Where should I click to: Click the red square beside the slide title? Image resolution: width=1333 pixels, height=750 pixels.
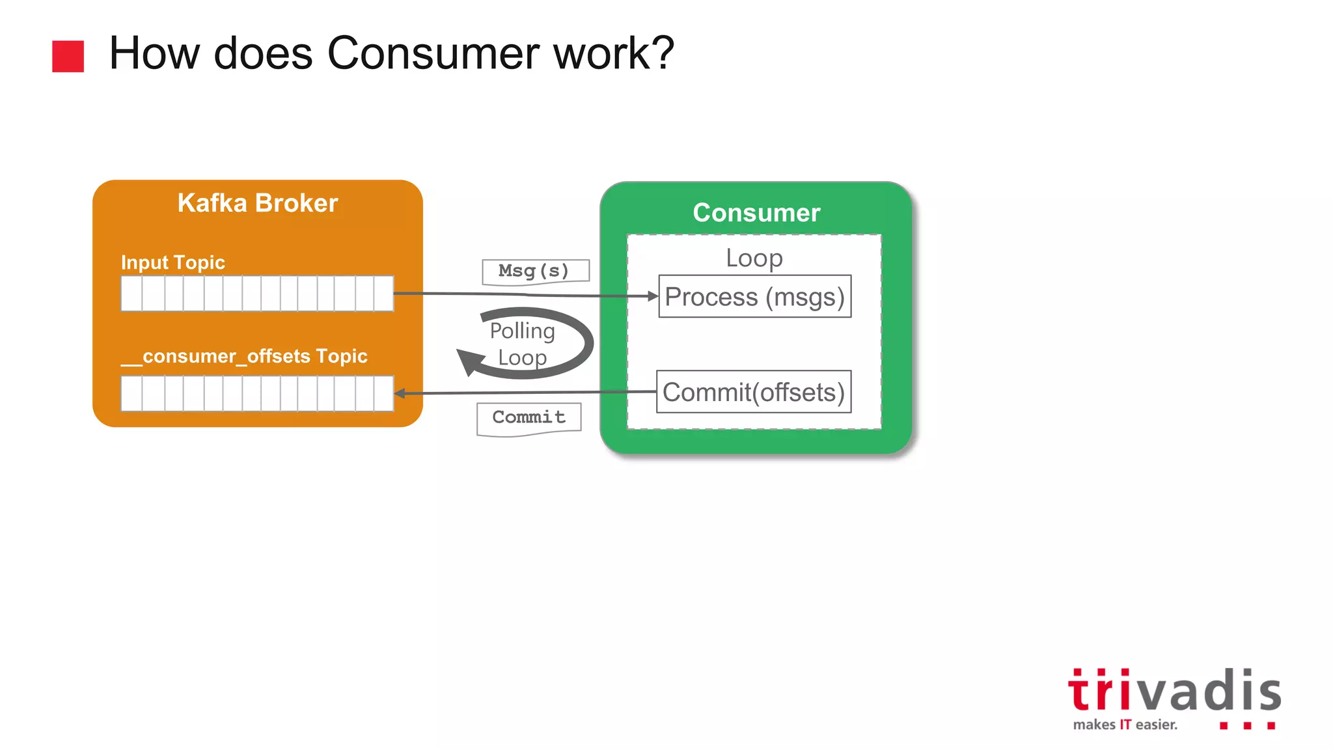68,56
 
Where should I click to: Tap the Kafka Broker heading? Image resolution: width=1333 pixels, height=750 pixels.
258,203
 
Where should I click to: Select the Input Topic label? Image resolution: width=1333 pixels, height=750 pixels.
173,262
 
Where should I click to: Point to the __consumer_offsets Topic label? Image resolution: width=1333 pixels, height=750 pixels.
245,356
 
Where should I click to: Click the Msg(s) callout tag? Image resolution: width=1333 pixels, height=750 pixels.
535,271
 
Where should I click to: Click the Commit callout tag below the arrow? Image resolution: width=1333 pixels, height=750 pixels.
529,417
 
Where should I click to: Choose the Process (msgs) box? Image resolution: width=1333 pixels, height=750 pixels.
754,297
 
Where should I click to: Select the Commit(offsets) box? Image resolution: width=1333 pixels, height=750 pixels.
753,392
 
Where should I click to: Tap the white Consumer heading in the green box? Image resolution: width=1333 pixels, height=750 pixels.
756,213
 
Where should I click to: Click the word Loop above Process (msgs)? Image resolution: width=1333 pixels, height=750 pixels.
754,258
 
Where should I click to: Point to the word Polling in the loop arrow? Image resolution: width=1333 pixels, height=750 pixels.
522,331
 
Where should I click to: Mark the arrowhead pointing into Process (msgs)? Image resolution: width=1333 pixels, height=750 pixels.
653,296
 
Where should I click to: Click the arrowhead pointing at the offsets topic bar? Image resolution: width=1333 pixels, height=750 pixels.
400,393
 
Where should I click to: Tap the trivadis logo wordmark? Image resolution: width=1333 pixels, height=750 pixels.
1174,691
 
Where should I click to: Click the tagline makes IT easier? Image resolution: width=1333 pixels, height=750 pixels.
1125,725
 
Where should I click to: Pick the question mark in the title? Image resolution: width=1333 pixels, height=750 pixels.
661,53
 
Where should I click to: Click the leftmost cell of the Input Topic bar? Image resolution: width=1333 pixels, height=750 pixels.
131,294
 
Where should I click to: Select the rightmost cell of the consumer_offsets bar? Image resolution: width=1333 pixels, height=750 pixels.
384,393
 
